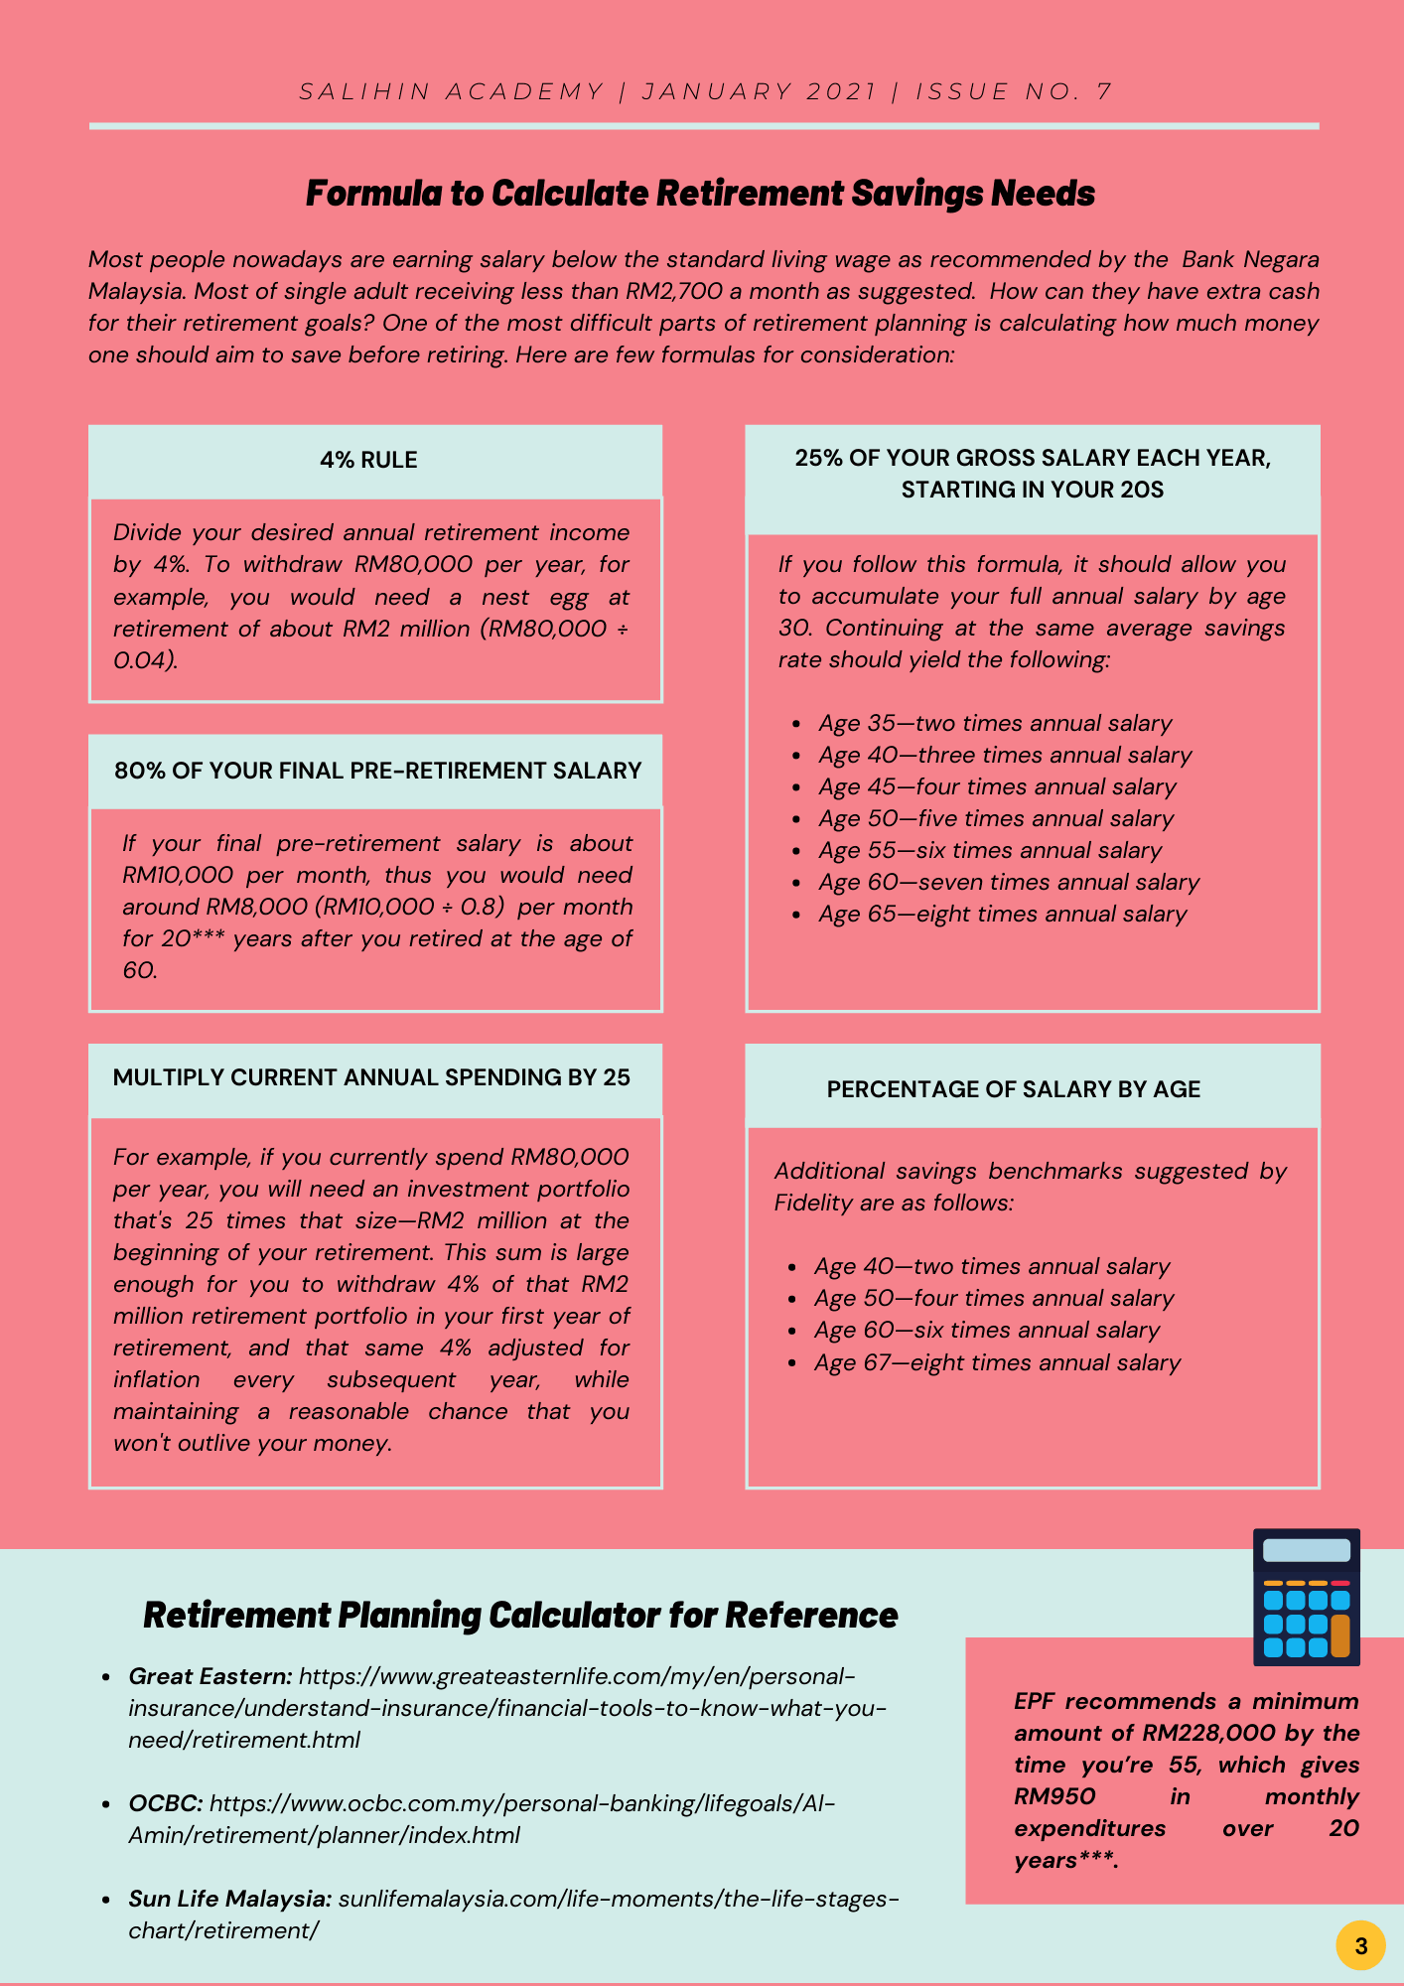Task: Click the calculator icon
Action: pos(1306,1597)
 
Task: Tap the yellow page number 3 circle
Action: pos(1360,1945)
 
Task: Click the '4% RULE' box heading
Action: pos(368,461)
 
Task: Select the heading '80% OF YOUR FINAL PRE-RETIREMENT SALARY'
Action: pos(377,772)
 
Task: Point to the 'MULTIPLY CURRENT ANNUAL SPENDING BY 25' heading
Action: pos(371,1078)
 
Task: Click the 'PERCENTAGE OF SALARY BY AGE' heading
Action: pos(1013,1090)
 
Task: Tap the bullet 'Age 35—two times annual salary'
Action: pos(994,724)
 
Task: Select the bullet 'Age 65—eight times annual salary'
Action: pos(1002,915)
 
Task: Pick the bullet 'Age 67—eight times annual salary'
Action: pos(997,1363)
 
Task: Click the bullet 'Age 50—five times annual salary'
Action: pos(995,819)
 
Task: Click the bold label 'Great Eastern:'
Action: pos(211,1677)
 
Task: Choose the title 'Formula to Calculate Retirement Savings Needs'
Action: pos(700,194)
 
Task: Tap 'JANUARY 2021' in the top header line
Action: pos(760,92)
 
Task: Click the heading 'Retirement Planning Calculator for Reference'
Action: pos(520,1616)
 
